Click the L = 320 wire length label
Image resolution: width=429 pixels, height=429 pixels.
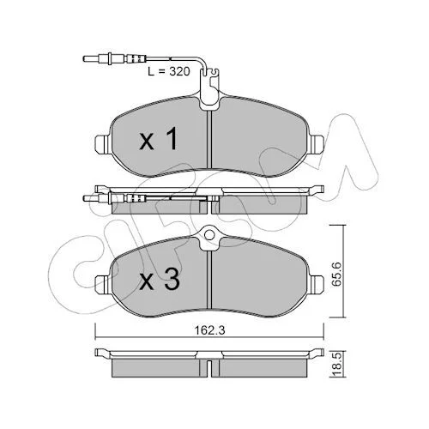pos(169,71)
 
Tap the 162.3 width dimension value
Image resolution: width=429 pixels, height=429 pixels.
pos(210,330)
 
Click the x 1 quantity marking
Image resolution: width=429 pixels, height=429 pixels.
pos(158,139)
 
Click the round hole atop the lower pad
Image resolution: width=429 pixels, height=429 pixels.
pos(209,235)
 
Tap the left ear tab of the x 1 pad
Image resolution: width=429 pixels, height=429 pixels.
pos(102,143)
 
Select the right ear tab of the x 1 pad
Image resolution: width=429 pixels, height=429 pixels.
pos(317,143)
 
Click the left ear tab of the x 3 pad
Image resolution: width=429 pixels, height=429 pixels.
pos(102,283)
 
